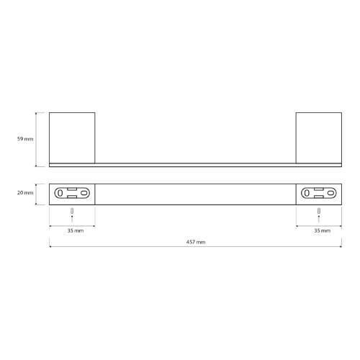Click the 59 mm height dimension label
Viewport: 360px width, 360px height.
click(25, 139)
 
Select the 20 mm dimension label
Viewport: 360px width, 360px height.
click(25, 193)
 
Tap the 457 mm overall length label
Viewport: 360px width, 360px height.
click(196, 242)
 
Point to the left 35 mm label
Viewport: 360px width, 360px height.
click(76, 230)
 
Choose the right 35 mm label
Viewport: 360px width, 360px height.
click(323, 230)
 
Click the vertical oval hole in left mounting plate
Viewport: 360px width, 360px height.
click(60, 193)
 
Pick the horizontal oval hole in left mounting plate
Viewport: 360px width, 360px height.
click(84, 193)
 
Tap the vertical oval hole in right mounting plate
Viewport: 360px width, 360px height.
click(307, 193)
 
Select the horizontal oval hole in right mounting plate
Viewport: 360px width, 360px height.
click(330, 193)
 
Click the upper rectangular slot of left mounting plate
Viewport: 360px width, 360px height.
click(72, 189)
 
